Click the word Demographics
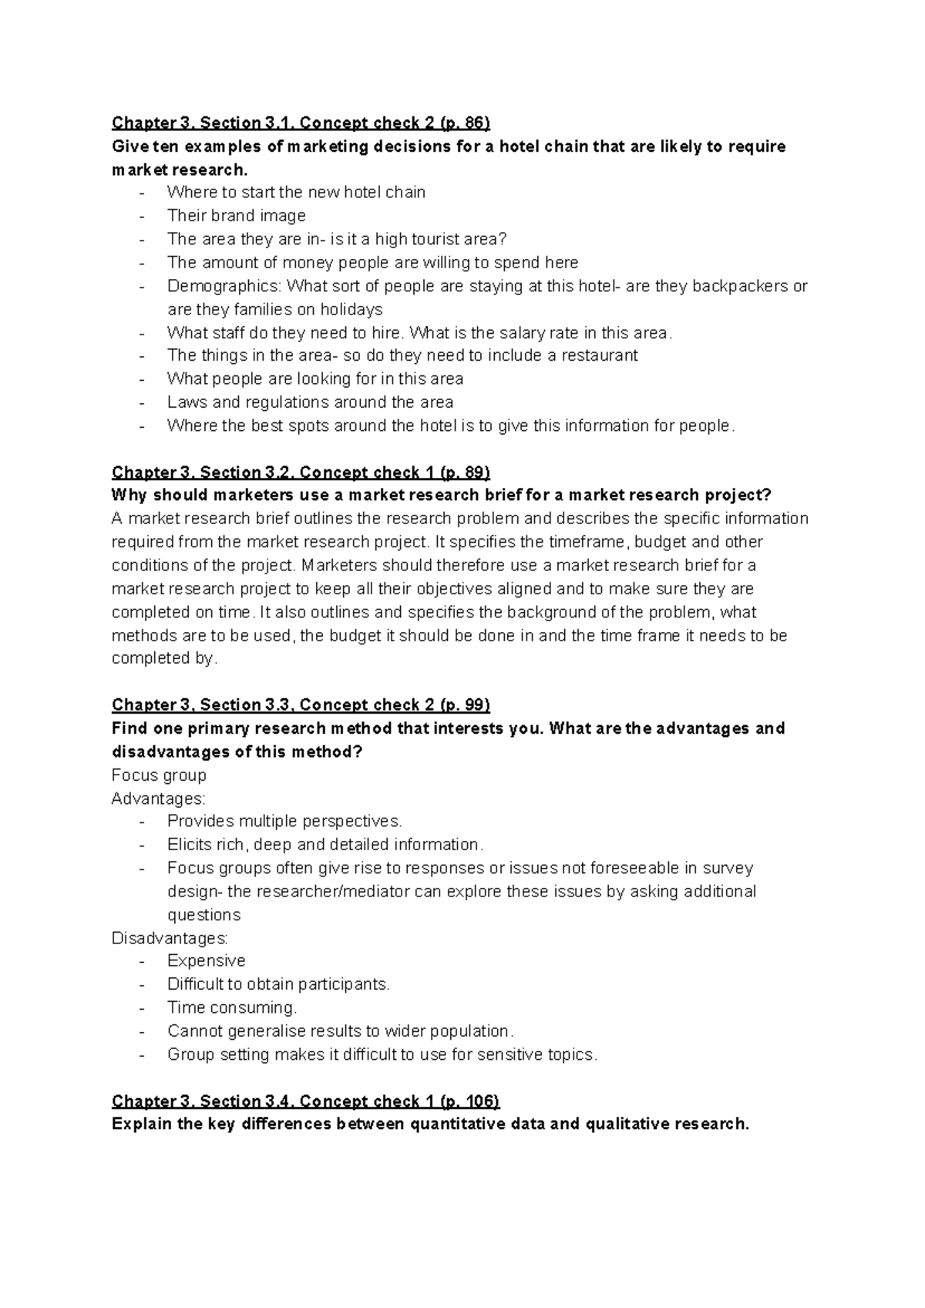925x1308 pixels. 224,286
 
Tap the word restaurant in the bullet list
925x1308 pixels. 599,355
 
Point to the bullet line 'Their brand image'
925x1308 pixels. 236,216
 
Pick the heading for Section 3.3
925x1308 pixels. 301,705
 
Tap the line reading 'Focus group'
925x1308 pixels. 159,775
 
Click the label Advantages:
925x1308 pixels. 159,799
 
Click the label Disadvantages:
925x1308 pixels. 170,939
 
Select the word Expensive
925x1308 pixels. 206,961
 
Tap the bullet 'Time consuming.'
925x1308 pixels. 231,1008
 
